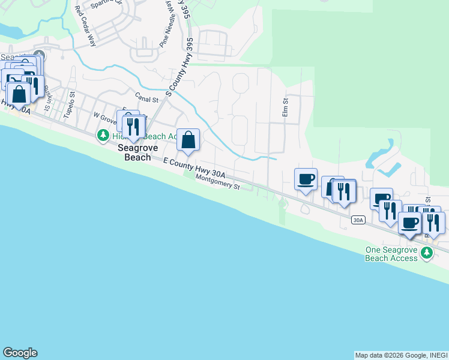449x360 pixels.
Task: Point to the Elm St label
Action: (286, 108)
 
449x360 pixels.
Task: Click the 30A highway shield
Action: (358, 220)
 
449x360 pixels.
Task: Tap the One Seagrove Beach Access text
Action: (391, 254)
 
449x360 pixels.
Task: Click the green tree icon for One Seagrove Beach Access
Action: (427, 253)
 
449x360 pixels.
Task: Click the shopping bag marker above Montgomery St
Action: (188, 141)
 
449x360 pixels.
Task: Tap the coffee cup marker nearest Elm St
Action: (306, 179)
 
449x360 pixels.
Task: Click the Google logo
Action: (20, 353)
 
